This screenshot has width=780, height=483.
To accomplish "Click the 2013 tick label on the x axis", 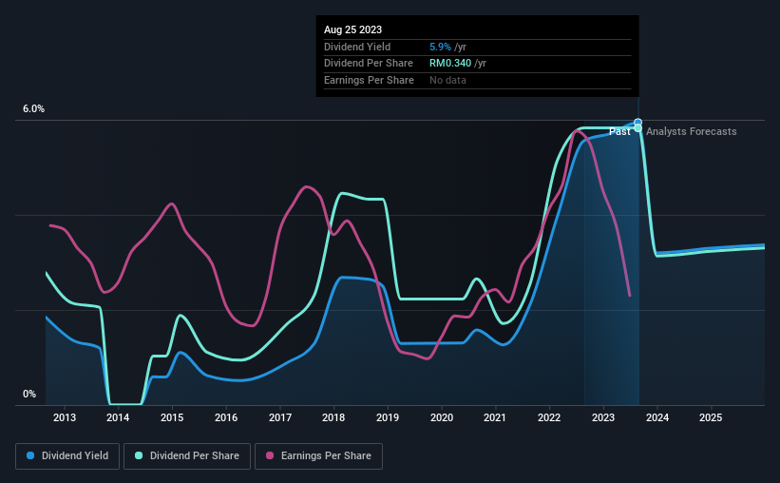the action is [x=65, y=417].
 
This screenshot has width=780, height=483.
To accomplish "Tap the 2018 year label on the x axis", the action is [x=333, y=417].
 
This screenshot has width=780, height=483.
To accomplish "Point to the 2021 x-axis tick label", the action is [x=495, y=417].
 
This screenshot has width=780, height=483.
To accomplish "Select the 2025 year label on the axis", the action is [x=711, y=417].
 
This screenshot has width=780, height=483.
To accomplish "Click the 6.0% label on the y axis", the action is [x=34, y=108].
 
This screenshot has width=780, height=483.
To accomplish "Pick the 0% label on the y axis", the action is [x=29, y=394].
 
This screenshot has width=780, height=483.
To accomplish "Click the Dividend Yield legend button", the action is [x=67, y=456].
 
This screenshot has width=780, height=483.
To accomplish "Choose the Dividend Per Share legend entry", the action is [x=187, y=456].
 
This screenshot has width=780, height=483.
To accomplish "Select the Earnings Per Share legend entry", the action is [x=319, y=456].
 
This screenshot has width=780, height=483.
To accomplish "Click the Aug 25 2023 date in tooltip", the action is [x=352, y=29].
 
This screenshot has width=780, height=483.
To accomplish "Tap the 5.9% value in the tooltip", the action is [x=440, y=47].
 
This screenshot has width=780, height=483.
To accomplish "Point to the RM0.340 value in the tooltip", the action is [x=450, y=64].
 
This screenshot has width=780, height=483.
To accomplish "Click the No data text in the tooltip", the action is [x=447, y=80].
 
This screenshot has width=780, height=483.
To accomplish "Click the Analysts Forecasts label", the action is [x=692, y=131].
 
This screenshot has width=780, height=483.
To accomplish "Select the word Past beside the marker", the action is [x=619, y=131].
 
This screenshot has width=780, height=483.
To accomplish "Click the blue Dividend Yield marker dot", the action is [x=637, y=123].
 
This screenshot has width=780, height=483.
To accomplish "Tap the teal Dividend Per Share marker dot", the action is [x=637, y=128].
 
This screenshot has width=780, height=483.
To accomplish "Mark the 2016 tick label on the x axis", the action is [x=226, y=417].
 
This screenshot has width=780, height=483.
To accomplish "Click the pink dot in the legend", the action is [x=270, y=455].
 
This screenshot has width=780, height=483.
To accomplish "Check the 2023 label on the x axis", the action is [x=603, y=417].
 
